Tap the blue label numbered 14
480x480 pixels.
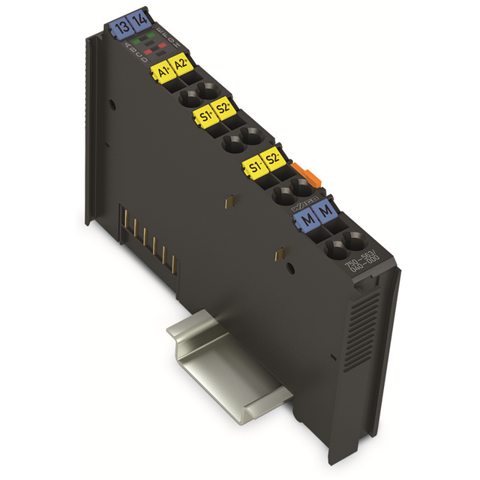click(138, 22)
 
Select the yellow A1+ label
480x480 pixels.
click(160, 72)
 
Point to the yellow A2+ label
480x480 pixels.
click(180, 66)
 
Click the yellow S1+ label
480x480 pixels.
click(202, 116)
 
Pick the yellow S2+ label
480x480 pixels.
click(223, 110)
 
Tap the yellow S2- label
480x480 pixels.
click(274, 160)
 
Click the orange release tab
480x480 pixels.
click(301, 170)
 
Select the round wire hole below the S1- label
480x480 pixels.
click(283, 197)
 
